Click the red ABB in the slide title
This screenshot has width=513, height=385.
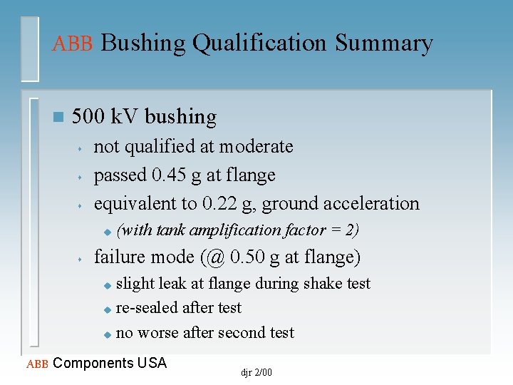73,43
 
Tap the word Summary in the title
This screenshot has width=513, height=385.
384,43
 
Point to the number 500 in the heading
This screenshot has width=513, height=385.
89,116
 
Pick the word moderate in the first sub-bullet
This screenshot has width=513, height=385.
256,146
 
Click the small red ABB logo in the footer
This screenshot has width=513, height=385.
36,364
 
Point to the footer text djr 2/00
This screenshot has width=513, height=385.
256,372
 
